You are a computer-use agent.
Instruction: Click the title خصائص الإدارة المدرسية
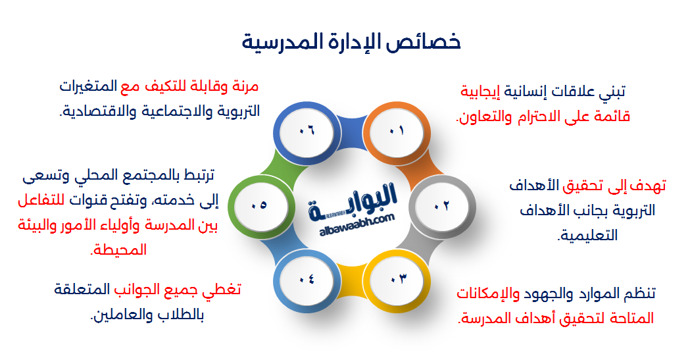(351, 41)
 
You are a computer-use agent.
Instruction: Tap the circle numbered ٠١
(396, 130)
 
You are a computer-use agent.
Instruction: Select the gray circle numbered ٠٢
(441, 205)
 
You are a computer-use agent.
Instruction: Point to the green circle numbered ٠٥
(259, 205)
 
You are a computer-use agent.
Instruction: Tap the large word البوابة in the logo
(356, 198)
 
